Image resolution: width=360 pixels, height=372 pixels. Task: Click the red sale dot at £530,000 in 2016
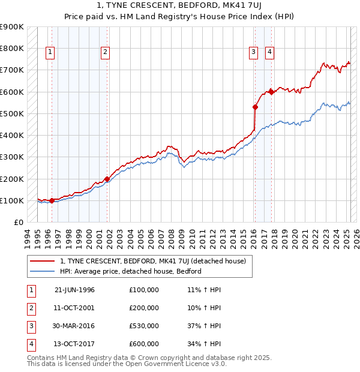255,107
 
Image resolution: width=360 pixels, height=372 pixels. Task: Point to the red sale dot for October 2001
107,179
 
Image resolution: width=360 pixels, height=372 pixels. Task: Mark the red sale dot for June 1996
52,200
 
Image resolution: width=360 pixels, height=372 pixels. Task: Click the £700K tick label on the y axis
11,70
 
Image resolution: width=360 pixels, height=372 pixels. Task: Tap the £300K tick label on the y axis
11,157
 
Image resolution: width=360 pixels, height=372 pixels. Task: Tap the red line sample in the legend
42,261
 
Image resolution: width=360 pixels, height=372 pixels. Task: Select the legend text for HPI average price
130,271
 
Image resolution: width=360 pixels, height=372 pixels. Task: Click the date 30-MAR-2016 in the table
74,326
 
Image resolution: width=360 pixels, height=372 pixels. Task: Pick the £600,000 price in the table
144,344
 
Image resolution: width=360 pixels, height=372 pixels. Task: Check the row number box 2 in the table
31,308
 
